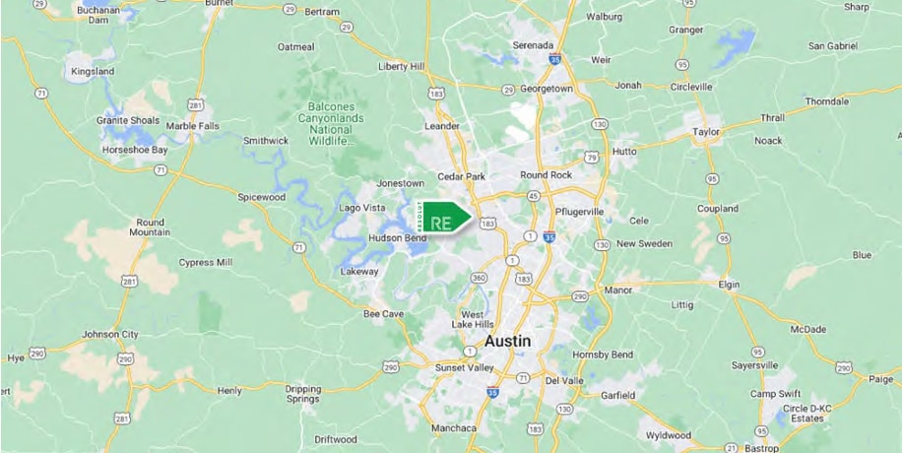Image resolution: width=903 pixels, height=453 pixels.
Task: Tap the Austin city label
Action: click(x=507, y=341)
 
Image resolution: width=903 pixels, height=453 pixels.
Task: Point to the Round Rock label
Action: click(x=546, y=174)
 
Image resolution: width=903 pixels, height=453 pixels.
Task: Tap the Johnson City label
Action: click(x=112, y=334)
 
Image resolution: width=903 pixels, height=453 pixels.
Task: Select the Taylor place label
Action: click(x=707, y=130)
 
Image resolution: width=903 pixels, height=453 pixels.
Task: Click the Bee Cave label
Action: click(x=384, y=314)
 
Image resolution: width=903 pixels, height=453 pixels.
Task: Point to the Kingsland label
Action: click(x=93, y=72)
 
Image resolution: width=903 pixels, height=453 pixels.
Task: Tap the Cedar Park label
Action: click(x=463, y=176)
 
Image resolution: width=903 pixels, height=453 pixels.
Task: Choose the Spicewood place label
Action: click(x=260, y=196)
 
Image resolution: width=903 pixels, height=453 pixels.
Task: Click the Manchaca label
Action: click(x=454, y=428)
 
